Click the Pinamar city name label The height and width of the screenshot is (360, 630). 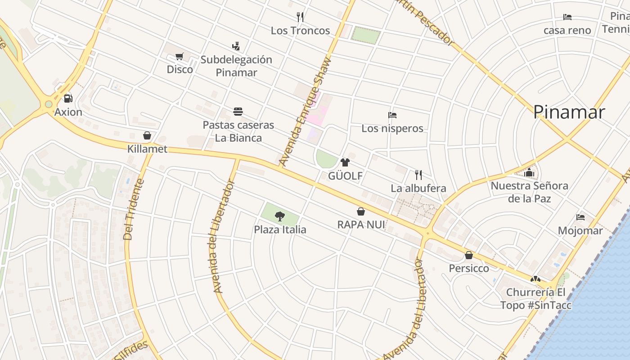point(569,112)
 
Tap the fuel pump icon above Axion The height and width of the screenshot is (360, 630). point(68,98)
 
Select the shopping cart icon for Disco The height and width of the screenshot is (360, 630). point(180,56)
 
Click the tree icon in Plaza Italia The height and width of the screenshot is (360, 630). point(279,216)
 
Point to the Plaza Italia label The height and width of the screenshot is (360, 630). point(280,229)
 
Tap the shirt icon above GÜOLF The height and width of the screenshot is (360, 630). point(345,162)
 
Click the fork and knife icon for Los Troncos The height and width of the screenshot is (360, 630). point(300,17)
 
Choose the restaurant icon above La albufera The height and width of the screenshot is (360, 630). point(418,175)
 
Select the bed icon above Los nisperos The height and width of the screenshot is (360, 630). point(392,115)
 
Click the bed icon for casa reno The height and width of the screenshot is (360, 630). point(567,17)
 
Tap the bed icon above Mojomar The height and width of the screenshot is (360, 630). point(580,217)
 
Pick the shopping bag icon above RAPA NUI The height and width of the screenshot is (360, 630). point(361,211)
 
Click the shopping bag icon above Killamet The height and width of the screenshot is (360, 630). point(147,135)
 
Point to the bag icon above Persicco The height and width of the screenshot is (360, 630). point(469,255)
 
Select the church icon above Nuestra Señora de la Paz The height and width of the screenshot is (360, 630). point(529,172)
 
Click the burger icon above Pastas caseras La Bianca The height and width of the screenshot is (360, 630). point(238,112)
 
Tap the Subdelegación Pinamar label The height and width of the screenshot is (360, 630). point(236,66)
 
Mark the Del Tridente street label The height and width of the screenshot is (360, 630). point(133,209)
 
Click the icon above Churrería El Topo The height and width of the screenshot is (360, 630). point(535,279)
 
